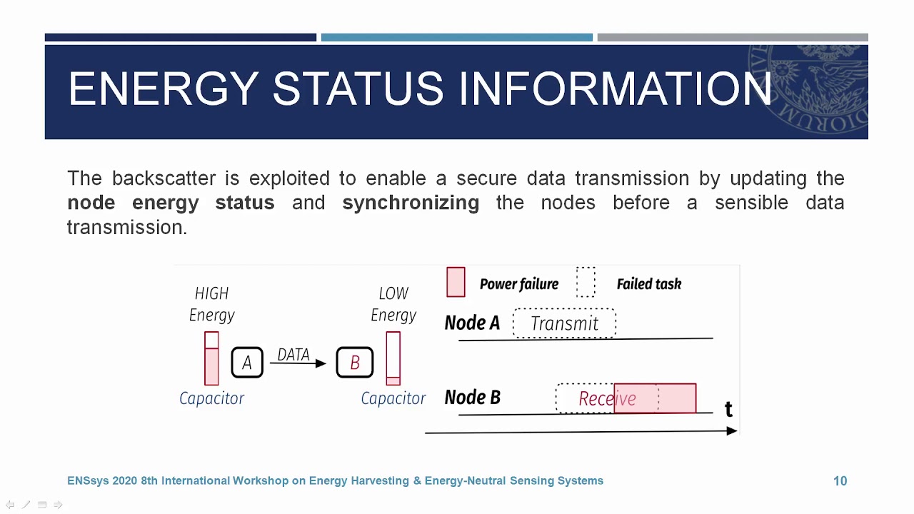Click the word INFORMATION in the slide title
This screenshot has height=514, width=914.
click(x=615, y=89)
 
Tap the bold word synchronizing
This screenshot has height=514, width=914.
click(x=411, y=203)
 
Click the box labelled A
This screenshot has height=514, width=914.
click(x=247, y=363)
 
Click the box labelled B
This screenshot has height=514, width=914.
click(x=355, y=363)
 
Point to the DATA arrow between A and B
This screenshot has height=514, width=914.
click(x=297, y=363)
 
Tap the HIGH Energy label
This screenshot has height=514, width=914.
click(x=212, y=304)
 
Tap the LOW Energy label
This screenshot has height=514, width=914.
click(x=393, y=304)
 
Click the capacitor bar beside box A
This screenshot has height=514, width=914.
click(x=211, y=358)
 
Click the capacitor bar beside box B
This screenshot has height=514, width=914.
click(x=393, y=358)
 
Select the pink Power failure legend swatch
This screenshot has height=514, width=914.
click(x=456, y=282)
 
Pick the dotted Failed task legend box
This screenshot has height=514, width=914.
click(x=586, y=282)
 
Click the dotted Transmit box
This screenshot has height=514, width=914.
click(x=564, y=323)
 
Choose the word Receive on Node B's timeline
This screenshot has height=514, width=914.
click(x=607, y=398)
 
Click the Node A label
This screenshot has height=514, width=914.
click(x=472, y=323)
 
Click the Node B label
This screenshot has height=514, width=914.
click(x=472, y=398)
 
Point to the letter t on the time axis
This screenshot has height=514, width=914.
click(x=728, y=410)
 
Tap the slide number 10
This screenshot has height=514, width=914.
click(x=840, y=481)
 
